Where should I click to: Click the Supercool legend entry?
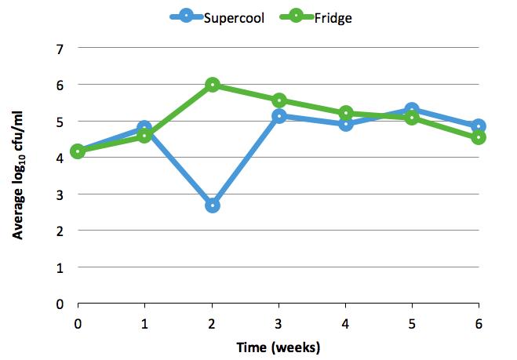click(217, 17)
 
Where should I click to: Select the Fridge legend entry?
click(316, 17)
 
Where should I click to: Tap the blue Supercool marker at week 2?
click(213, 205)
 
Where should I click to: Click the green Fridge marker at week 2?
click(213, 85)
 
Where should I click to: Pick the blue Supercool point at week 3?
click(279, 116)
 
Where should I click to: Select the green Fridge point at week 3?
click(279, 100)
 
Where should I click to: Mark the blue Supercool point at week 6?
click(479, 126)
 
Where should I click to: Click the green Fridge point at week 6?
click(479, 137)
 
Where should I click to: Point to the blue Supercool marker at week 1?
click(144, 128)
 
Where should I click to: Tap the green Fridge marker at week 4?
click(345, 114)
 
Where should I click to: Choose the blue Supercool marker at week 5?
click(412, 110)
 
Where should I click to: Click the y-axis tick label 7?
click(60, 49)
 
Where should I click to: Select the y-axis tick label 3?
click(60, 195)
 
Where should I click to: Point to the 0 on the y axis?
click(60, 304)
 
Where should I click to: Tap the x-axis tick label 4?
click(345, 324)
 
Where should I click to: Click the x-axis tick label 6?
click(479, 324)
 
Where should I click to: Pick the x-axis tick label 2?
click(212, 324)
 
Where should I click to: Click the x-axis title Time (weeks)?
click(279, 347)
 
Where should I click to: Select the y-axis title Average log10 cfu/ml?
click(18, 176)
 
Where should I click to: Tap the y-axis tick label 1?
click(60, 268)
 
